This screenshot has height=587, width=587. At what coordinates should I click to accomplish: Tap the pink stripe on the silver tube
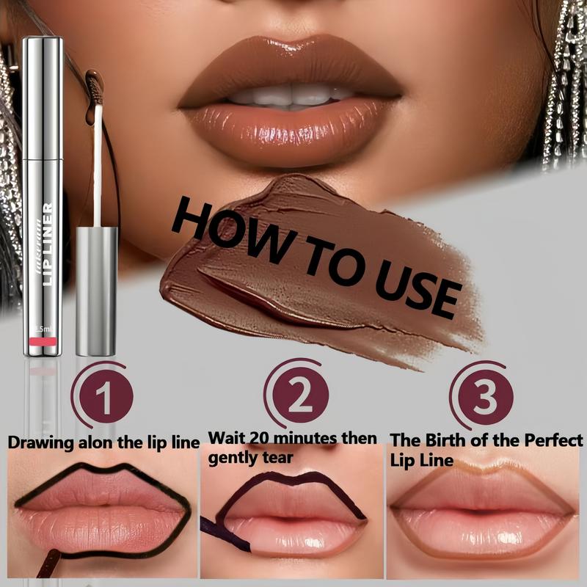click(x=43, y=342)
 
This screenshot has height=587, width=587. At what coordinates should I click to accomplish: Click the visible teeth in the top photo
click(x=290, y=95)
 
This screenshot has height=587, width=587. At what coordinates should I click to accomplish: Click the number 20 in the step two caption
click(x=259, y=439)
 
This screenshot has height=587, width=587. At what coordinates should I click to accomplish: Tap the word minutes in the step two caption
click(x=309, y=439)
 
